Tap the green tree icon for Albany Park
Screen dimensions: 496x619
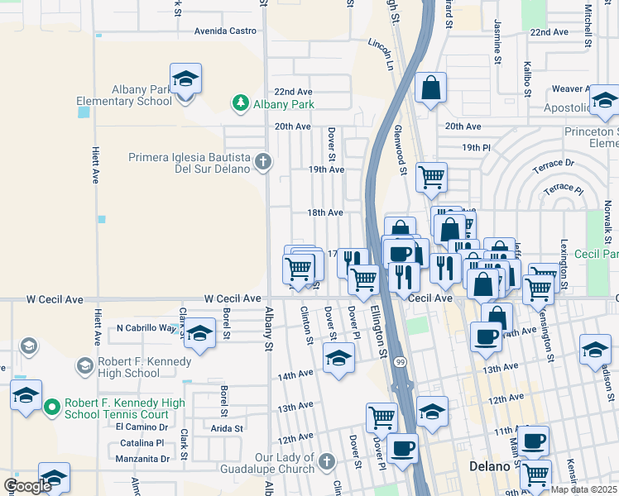point(240,103)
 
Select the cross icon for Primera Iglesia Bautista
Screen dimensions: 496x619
point(263,161)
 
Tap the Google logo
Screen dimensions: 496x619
point(27,486)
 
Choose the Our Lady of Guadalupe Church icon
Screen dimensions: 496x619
point(326,460)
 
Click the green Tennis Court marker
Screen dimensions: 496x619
point(51,407)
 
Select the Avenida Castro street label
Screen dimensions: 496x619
point(225,31)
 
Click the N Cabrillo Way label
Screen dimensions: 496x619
point(146,328)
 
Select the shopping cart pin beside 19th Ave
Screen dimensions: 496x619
point(431,176)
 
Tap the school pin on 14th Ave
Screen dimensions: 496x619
point(338,357)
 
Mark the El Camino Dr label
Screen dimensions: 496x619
point(142,427)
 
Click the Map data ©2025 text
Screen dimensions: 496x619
point(585,489)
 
